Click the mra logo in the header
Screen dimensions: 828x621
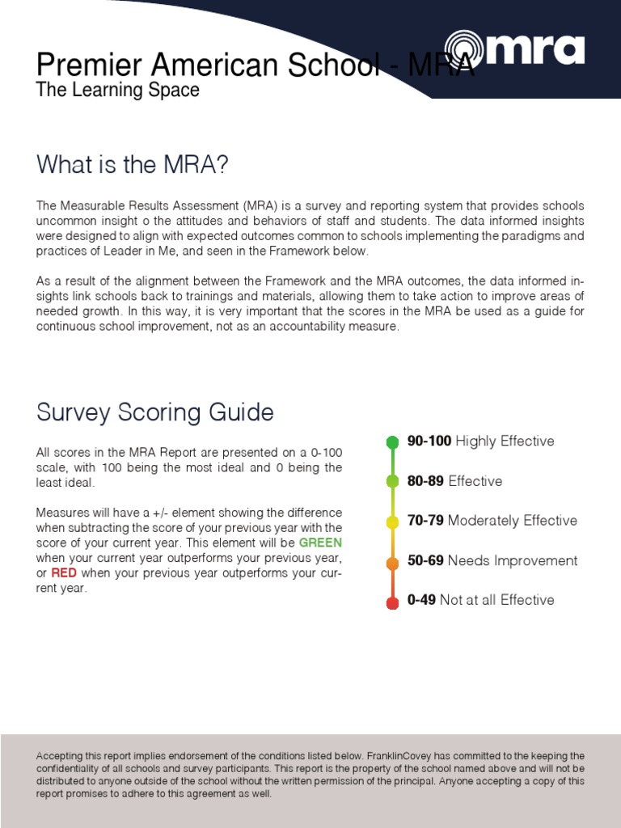click(x=514, y=49)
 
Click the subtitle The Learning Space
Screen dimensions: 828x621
click(x=117, y=90)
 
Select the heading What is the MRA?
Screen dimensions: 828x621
click(x=133, y=165)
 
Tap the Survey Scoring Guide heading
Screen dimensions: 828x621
click(x=155, y=412)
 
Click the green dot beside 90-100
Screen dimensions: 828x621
click(x=392, y=441)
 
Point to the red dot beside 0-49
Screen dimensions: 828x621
click(x=392, y=603)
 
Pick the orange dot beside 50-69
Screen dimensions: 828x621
click(x=392, y=563)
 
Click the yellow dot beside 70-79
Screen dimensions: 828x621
click(x=392, y=522)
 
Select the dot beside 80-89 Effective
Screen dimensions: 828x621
click(x=392, y=482)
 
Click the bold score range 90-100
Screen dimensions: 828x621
click(x=429, y=441)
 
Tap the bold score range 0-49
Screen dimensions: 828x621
click(x=422, y=600)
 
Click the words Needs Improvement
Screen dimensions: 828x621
click(x=513, y=560)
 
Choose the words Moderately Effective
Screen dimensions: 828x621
click(x=513, y=521)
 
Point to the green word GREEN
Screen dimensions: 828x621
click(x=320, y=543)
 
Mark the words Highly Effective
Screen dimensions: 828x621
click(x=505, y=441)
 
